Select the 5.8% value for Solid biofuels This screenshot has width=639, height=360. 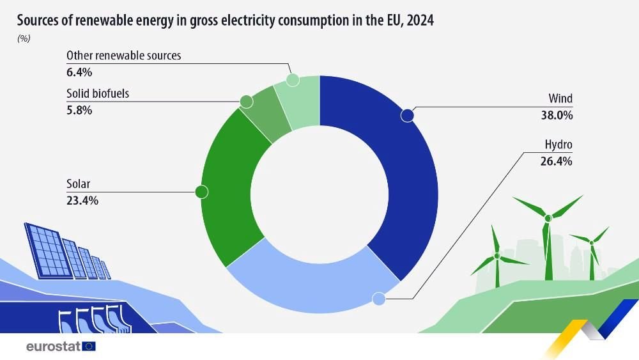(80, 110)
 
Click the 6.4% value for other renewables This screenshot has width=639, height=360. (80, 72)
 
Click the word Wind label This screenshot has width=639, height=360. (560, 99)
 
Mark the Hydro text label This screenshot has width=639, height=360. (558, 145)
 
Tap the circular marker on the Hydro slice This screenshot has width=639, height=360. (378, 299)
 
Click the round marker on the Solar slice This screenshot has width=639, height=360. (201, 191)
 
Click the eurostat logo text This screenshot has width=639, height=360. (53, 347)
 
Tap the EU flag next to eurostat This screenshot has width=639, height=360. (89, 347)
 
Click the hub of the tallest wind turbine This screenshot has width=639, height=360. (548, 219)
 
